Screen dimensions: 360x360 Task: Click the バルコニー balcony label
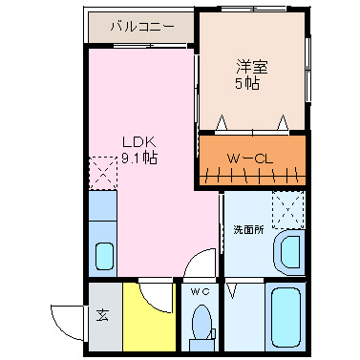(141, 27)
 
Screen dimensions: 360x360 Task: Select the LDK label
(137, 141)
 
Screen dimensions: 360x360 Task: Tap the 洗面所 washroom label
(248, 230)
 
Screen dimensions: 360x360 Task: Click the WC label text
(199, 291)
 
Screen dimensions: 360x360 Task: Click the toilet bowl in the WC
(201, 320)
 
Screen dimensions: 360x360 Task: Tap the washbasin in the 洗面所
(286, 252)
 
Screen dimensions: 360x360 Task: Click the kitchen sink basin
(103, 257)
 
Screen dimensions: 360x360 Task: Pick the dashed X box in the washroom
(286, 209)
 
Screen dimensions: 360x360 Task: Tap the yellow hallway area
(150, 325)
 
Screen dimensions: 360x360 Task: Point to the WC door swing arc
(199, 265)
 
